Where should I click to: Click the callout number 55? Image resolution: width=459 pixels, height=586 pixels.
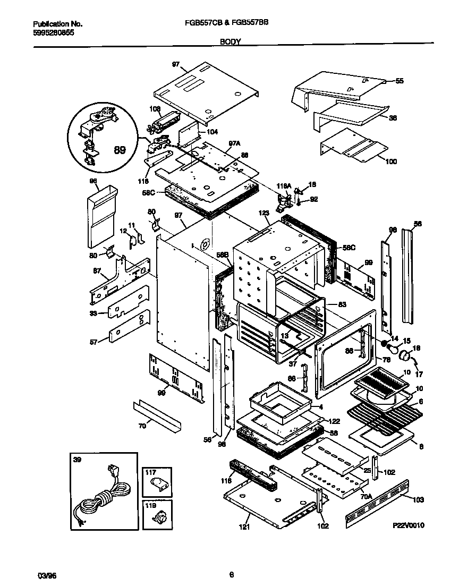pyautogui.click(x=399, y=81)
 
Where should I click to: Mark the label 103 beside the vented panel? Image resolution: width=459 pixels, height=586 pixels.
pyautogui.click(x=418, y=500)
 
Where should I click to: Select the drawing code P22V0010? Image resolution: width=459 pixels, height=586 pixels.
pyautogui.click(x=409, y=525)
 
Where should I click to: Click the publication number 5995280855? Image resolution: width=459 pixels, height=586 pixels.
pyautogui.click(x=53, y=32)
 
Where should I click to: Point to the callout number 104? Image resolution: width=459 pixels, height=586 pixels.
pyautogui.click(x=212, y=132)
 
